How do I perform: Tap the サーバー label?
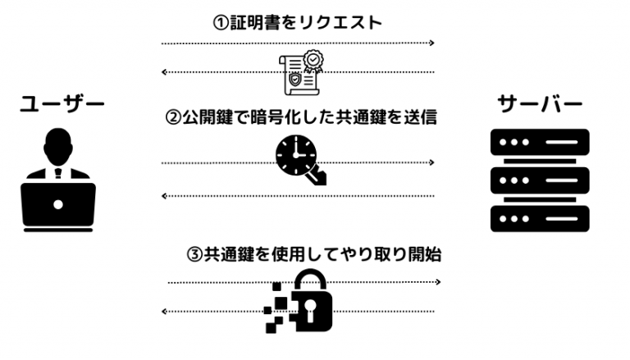coord(540,105)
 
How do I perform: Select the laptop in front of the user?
coord(58,204)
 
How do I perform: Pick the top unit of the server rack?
coord(540,143)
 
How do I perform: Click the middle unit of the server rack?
coord(540,180)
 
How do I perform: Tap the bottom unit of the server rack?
coord(540,218)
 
